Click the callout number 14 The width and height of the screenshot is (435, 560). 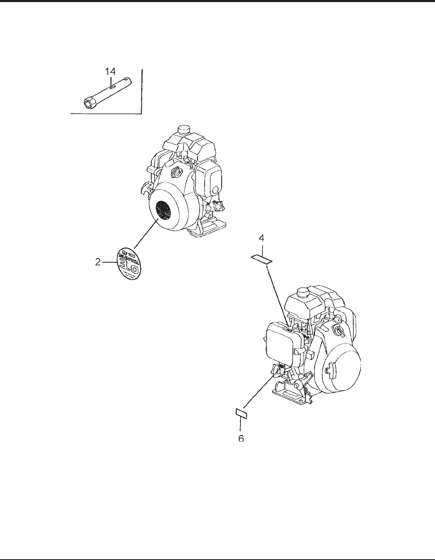[110, 71]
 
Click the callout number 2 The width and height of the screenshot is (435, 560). [97, 262]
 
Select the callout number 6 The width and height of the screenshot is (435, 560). [241, 438]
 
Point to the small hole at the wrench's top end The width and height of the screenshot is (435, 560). [126, 79]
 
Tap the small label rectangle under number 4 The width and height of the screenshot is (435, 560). [261, 259]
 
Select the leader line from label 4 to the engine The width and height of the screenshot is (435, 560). [276, 294]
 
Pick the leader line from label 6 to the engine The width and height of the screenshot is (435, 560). [258, 389]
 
